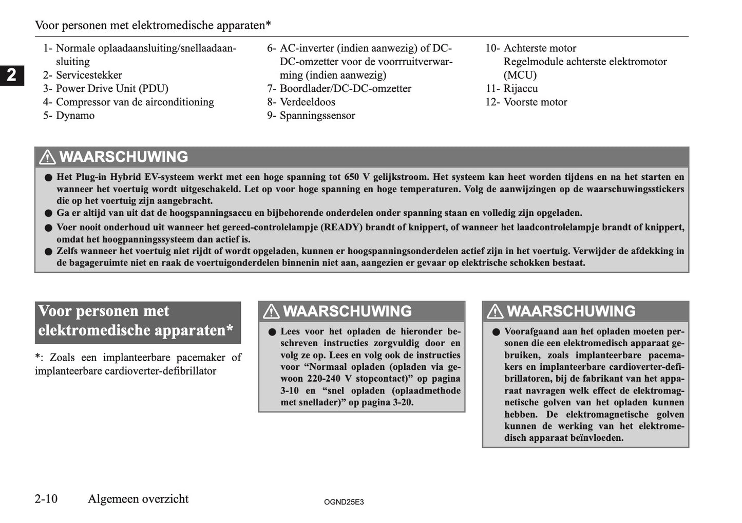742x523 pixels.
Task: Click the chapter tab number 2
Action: (x=11, y=76)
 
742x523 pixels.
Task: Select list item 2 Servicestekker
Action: (x=88, y=75)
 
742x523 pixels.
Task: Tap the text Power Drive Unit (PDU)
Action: (x=112, y=88)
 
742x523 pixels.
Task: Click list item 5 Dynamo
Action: (x=75, y=116)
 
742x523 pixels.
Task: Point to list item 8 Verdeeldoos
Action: (x=307, y=102)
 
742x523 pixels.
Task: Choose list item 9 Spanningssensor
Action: (x=317, y=116)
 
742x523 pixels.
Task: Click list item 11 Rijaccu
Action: (x=520, y=88)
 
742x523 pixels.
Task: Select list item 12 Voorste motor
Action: (x=535, y=102)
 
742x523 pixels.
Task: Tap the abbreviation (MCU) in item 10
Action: (x=520, y=75)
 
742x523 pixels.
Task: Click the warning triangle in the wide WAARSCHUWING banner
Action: (x=47, y=157)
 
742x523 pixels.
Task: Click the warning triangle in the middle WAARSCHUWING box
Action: (x=271, y=311)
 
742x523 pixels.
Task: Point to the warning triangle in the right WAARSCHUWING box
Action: (x=495, y=311)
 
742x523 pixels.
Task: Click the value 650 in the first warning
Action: (x=352, y=177)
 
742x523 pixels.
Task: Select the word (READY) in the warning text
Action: (x=341, y=227)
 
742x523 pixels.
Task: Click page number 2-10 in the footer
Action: (x=46, y=499)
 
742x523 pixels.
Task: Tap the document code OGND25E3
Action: (x=344, y=502)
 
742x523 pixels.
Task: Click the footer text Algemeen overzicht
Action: (x=138, y=499)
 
